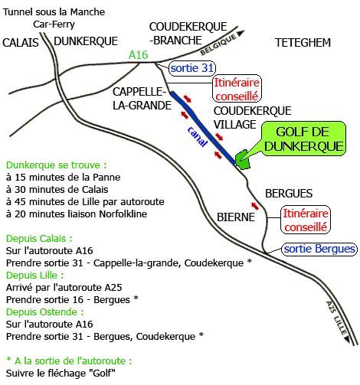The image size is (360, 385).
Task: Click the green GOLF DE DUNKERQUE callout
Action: click(x=304, y=139)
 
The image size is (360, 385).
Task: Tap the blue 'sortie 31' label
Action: click(x=192, y=68)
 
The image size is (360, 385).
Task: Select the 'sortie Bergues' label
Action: click(x=319, y=249)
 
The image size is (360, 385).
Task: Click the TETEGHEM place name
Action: click(x=303, y=42)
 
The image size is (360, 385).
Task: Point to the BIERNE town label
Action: click(x=236, y=217)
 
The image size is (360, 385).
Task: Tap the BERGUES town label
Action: click(x=289, y=194)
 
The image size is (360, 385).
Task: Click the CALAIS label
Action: click(x=21, y=43)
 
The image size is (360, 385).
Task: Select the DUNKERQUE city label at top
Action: click(x=86, y=41)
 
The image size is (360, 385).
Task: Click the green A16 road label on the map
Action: click(x=139, y=55)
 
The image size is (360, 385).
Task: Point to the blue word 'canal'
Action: click(x=198, y=136)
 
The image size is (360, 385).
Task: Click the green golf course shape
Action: click(x=242, y=160)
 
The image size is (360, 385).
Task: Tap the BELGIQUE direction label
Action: click(x=218, y=44)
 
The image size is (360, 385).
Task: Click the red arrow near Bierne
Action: click(x=255, y=206)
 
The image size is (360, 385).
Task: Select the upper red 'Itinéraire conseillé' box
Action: click(x=237, y=89)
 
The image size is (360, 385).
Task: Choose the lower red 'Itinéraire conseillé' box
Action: click(x=306, y=220)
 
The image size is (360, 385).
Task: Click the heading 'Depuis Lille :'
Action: click(x=34, y=276)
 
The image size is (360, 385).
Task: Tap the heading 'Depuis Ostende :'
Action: click(x=44, y=312)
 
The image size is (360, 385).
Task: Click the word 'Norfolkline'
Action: click(x=123, y=214)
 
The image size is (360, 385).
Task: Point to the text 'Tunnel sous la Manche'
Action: click(x=54, y=11)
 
